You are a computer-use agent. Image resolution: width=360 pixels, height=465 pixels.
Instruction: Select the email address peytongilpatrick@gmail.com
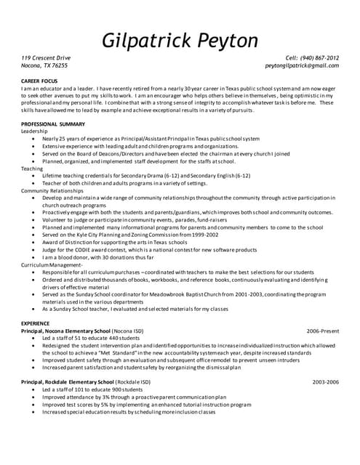tap(302, 65)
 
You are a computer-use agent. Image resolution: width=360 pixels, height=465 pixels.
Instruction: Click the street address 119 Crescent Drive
tap(45, 57)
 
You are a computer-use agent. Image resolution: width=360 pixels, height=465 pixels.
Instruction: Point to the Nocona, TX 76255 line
tap(44, 65)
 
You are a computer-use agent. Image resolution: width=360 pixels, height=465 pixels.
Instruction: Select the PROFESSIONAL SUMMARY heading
tap(53, 124)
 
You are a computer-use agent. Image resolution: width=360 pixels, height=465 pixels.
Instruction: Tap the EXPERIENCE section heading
tap(36, 322)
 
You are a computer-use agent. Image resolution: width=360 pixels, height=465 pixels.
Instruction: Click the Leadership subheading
tap(33, 131)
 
